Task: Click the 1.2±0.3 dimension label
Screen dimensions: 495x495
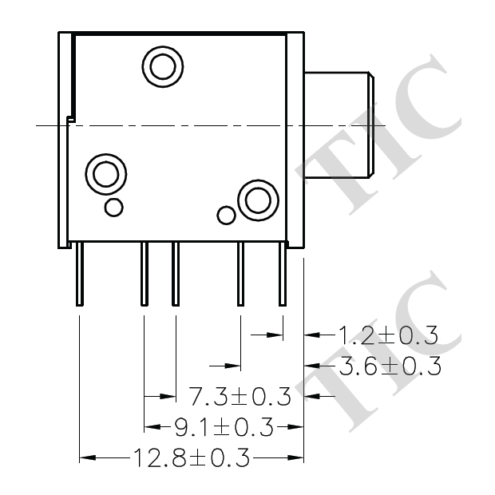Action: click(388, 335)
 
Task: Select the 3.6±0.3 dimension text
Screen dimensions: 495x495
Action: click(390, 366)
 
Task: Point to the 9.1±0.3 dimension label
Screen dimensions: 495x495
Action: click(224, 427)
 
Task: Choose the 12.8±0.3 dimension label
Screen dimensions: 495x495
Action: click(192, 457)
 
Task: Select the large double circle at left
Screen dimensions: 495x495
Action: click(105, 172)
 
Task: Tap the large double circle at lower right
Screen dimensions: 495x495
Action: click(258, 199)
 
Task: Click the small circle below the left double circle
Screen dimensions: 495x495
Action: click(114, 208)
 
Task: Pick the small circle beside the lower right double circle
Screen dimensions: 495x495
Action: click(227, 215)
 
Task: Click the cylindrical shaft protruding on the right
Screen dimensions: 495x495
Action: click(339, 124)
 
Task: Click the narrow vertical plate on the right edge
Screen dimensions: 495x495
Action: click(295, 140)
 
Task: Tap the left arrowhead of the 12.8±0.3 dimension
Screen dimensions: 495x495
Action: click(86, 457)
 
